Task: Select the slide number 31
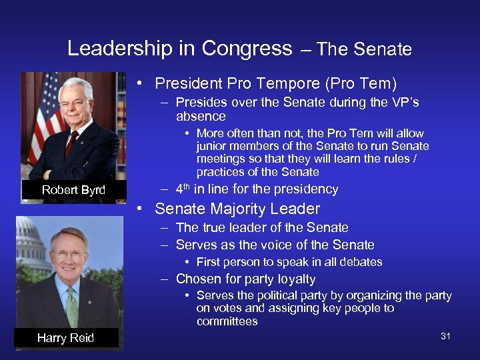[445, 336]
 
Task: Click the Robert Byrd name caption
[73, 190]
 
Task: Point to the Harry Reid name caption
[65, 338]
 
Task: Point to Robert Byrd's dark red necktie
[72, 143]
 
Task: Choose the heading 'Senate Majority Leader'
[237, 209]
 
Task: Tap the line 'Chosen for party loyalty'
[245, 279]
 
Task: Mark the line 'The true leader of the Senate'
[262, 228]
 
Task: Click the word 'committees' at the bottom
[227, 321]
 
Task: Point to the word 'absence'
[201, 117]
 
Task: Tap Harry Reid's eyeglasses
[69, 254]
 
